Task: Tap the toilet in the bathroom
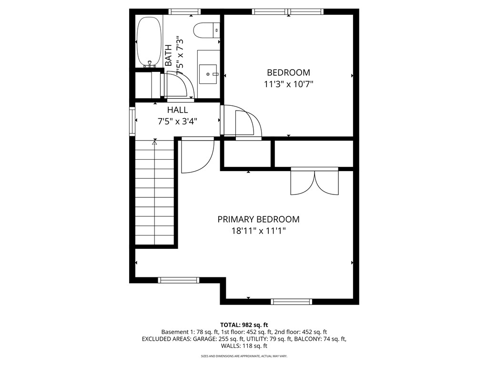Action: click(x=206, y=30)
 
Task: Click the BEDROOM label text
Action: click(x=288, y=72)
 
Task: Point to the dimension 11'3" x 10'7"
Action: click(x=288, y=84)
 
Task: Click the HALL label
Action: click(x=177, y=110)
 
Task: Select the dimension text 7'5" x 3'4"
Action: click(x=177, y=122)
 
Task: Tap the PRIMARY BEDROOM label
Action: click(x=258, y=219)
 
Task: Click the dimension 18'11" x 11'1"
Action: click(x=258, y=231)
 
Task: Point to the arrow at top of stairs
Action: click(x=154, y=142)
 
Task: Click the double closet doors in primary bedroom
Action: click(x=315, y=182)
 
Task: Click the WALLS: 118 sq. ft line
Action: click(x=244, y=346)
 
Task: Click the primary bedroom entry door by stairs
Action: click(x=197, y=155)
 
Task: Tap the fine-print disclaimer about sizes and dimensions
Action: click(x=244, y=356)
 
